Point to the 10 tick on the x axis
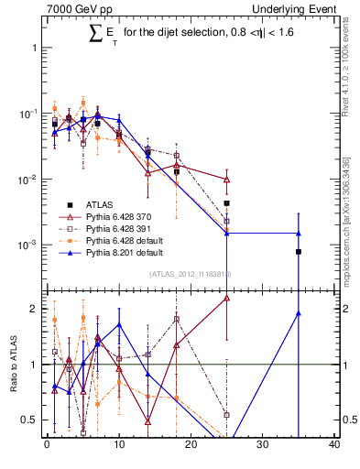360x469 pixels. (118, 447)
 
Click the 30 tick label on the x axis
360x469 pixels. (263, 447)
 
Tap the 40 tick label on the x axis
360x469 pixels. (334, 447)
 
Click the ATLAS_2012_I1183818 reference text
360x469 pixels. (190, 274)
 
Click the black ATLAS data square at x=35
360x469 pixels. (299, 251)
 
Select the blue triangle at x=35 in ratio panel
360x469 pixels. (299, 313)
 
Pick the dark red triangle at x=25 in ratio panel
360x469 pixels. (226, 298)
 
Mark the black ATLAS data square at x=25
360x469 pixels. (226, 203)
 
